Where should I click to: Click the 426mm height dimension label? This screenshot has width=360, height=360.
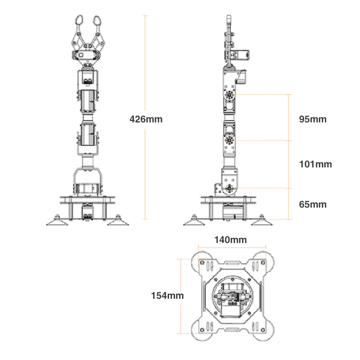tap(146, 119)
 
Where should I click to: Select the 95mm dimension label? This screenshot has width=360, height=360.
tap(313, 120)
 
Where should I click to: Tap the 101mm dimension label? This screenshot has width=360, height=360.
tap(315, 164)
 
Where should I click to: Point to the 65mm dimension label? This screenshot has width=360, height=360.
tap(313, 204)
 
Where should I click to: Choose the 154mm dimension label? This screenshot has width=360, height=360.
tap(167, 296)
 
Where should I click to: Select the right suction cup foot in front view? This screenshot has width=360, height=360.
tap(118, 220)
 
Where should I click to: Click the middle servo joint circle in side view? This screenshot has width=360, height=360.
tap(230, 140)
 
